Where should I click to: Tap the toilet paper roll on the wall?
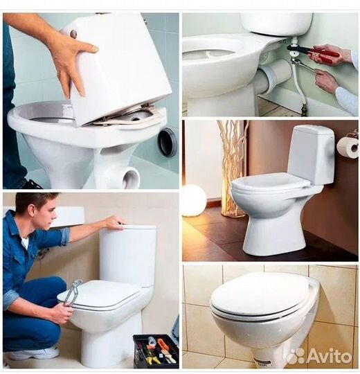coord(348,147)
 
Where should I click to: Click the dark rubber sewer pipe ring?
coord(168,143)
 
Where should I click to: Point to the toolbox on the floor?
coord(156,351)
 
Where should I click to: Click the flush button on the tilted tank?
coord(73,33)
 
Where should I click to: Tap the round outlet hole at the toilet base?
coord(131,178)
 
